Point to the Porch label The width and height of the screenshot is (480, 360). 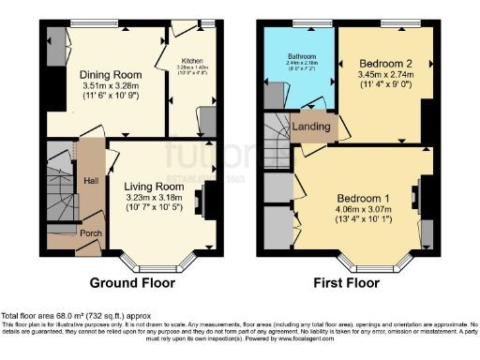91,233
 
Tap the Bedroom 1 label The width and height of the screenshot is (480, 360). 361,197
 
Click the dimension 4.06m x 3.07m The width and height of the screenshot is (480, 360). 361,210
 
